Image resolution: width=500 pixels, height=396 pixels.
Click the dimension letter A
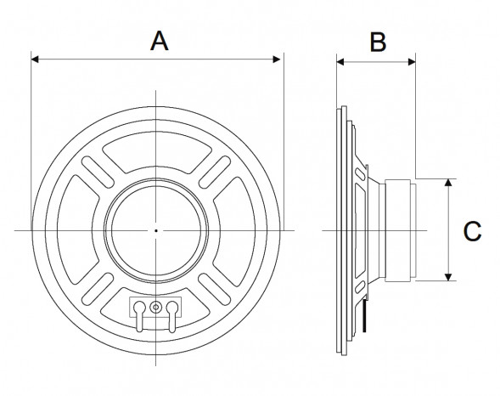pyautogui.click(x=158, y=40)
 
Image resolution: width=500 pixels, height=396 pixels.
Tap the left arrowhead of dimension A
pyautogui.click(x=35, y=59)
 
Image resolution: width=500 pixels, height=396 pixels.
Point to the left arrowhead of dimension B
pyautogui.click(x=341, y=60)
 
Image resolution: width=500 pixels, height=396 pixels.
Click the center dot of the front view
pyautogui.click(x=156, y=230)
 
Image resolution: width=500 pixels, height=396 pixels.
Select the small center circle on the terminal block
pyautogui.click(x=156, y=307)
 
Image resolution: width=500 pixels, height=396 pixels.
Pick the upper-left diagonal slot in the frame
pyautogui.click(x=95, y=170)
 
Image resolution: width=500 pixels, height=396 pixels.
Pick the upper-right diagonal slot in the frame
pyautogui.click(x=217, y=170)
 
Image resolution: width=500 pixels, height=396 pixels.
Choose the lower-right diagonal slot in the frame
pyautogui.click(x=217, y=291)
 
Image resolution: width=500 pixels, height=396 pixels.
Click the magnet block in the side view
pyautogui.click(x=398, y=229)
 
